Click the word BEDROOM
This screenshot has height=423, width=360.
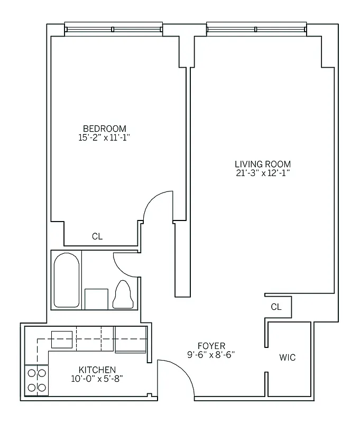pyautogui.click(x=105, y=128)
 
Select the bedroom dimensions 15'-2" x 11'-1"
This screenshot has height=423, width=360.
pyautogui.click(x=105, y=137)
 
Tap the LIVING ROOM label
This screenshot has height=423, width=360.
pyautogui.click(x=263, y=164)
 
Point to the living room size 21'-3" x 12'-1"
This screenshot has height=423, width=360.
pyautogui.click(x=263, y=173)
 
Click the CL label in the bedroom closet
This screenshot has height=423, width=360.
pyautogui.click(x=97, y=237)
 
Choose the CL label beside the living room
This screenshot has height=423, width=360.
pyautogui.click(x=276, y=307)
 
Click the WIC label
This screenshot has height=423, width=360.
pyautogui.click(x=287, y=358)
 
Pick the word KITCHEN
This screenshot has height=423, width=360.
pyautogui.click(x=97, y=369)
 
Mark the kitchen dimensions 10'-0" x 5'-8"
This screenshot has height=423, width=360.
pyautogui.click(x=97, y=378)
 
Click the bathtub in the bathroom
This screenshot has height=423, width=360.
pyautogui.click(x=67, y=280)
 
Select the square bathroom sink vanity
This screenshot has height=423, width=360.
pyautogui.click(x=96, y=298)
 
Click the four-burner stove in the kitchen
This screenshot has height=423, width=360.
pyautogui.click(x=36, y=380)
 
